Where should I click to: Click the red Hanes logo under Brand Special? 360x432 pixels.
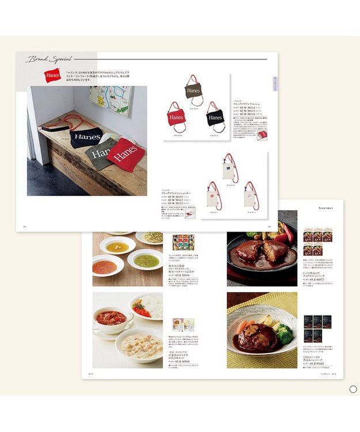coord(52,75)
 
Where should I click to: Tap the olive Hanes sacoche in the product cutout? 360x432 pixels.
coord(193,90)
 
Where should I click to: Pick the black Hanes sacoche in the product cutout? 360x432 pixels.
coord(214,117)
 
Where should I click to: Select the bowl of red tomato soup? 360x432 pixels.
coord(107,266)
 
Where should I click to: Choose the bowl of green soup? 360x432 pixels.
coord(146,260)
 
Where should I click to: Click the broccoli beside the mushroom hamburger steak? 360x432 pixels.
coord(285,334)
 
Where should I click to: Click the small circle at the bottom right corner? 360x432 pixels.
coord(353,389)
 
